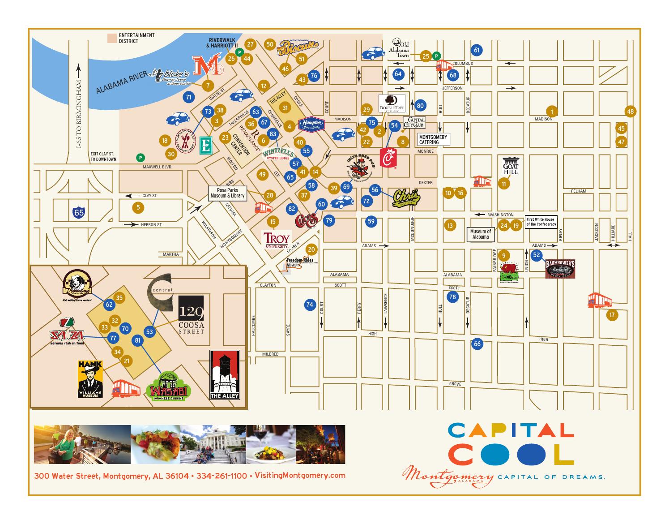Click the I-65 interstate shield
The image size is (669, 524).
[x=79, y=212]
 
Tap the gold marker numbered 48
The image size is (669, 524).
[x=631, y=112]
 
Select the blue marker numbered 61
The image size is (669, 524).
[x=477, y=50]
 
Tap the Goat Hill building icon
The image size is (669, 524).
[x=510, y=166]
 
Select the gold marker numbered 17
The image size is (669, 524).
[x=612, y=315]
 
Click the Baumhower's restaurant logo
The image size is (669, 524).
[x=560, y=269]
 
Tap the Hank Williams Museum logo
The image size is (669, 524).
[x=91, y=379]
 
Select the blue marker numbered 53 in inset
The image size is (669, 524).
[x=149, y=332]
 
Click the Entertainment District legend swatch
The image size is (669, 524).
[x=111, y=38]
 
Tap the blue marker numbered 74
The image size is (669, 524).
[x=310, y=305]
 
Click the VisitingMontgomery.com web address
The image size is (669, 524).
[x=299, y=475]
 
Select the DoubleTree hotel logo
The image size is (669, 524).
[x=392, y=103]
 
